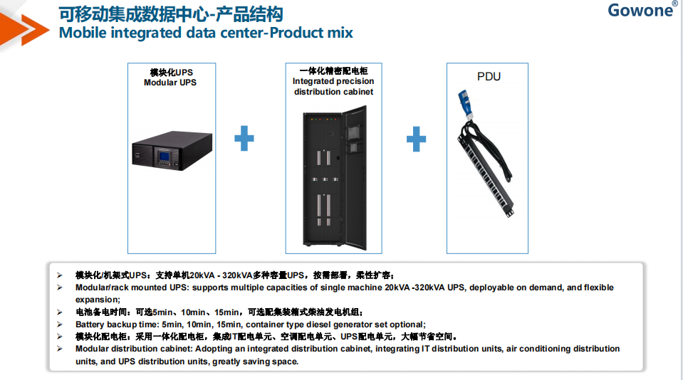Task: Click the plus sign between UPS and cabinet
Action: [244, 139]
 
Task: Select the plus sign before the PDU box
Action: [416, 139]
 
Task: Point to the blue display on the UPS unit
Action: [165, 156]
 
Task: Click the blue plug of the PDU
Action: [465, 104]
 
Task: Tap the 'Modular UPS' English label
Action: [170, 83]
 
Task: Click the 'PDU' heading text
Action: [489, 77]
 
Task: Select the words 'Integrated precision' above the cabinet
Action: [333, 81]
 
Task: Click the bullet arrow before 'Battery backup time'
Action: [60, 324]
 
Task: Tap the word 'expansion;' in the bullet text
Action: [98, 300]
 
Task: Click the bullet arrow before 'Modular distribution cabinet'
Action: [60, 349]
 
